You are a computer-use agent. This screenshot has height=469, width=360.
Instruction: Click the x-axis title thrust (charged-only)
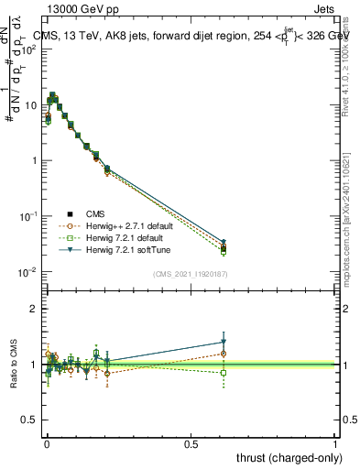tap(287, 456)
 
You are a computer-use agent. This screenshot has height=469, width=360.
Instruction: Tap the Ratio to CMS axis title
tap(12, 365)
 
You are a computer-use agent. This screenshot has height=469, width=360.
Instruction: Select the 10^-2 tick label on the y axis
tap(27, 272)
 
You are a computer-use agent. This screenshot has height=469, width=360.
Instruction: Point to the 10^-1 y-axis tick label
tap(27, 216)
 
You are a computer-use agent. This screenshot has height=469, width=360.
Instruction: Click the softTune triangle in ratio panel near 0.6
tap(224, 342)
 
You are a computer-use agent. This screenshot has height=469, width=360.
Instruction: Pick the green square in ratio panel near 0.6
tap(224, 373)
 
